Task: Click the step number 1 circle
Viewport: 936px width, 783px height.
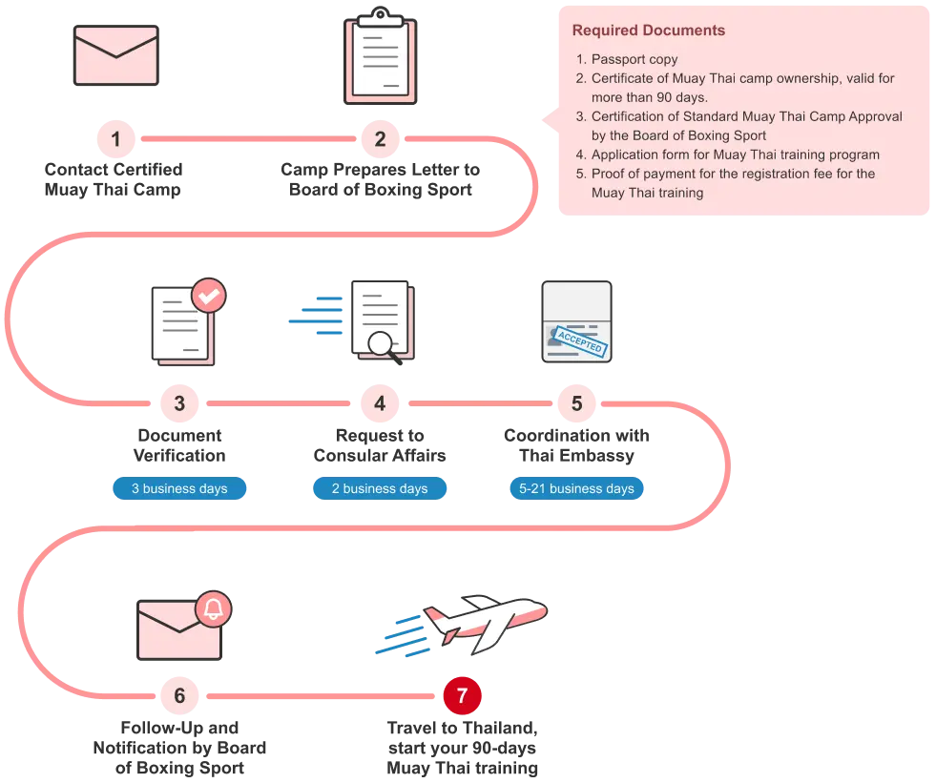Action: [115, 140]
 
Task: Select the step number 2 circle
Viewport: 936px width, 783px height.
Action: [380, 140]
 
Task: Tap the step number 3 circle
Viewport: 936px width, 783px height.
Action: [179, 403]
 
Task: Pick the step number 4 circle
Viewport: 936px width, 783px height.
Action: [380, 403]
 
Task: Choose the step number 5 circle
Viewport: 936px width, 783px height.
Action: [576, 403]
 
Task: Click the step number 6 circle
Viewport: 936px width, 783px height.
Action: [179, 696]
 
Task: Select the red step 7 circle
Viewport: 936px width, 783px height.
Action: [462, 696]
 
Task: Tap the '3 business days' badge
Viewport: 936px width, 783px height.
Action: [179, 488]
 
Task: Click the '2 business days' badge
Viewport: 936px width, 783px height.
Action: [380, 488]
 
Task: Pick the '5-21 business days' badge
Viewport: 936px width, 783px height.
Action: [576, 488]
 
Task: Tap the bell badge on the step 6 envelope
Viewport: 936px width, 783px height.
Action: [213, 608]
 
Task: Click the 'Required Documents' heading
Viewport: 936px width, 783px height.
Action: [649, 31]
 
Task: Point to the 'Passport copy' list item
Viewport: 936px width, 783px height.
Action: [634, 59]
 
